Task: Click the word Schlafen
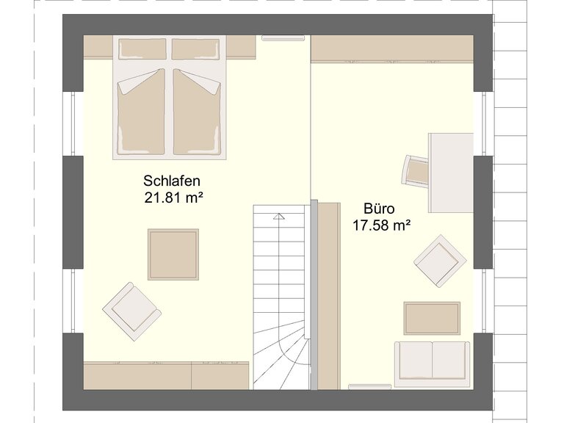(172, 181)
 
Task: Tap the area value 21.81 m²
(172, 198)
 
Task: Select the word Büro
(379, 209)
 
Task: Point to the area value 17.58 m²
(381, 226)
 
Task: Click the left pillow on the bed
(142, 49)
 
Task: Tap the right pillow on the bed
(195, 49)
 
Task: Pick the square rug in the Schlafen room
(173, 254)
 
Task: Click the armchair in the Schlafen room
(131, 311)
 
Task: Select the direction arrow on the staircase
(279, 216)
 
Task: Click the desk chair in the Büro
(415, 170)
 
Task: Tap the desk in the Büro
(450, 173)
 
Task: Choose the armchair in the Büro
(441, 261)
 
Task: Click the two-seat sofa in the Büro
(432, 364)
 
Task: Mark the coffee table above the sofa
(432, 318)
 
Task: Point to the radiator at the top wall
(283, 37)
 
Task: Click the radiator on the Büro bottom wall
(370, 387)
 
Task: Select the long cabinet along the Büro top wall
(392, 49)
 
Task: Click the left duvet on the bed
(141, 112)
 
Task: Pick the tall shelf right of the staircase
(329, 296)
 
